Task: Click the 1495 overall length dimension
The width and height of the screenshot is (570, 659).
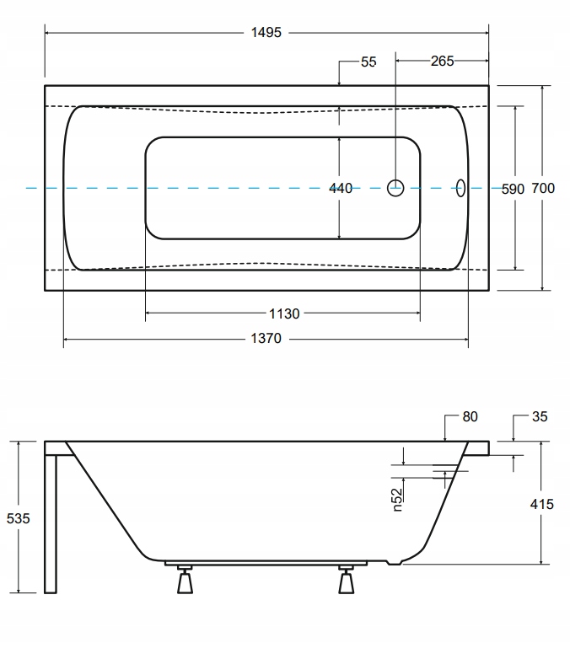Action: [x=266, y=32]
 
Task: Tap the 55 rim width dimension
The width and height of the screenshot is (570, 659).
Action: [x=368, y=62]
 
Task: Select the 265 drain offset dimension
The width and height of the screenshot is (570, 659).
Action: [x=442, y=61]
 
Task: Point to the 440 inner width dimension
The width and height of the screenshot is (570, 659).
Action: [x=341, y=188]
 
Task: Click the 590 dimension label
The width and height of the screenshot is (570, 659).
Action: [x=513, y=189]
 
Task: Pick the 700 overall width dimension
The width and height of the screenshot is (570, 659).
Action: [x=543, y=188]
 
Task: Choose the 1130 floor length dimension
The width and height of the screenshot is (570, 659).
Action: [x=284, y=313]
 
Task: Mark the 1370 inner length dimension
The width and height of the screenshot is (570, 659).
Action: [x=266, y=338]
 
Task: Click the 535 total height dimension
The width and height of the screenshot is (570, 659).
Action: [x=18, y=518]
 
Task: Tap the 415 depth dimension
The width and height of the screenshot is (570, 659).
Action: [x=542, y=504]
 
